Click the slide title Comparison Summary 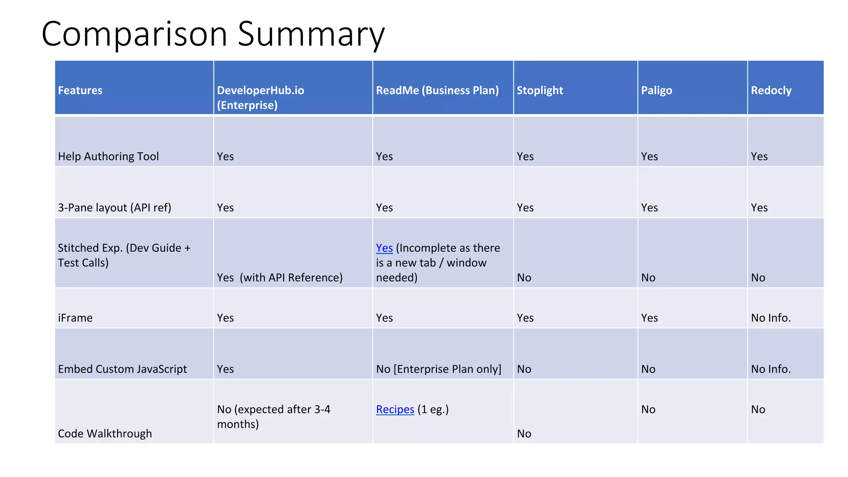click(213, 34)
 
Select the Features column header click(80, 90)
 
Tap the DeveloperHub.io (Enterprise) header click(260, 97)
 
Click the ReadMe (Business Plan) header click(437, 90)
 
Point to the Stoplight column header click(540, 90)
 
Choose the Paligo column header click(656, 90)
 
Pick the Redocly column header click(771, 90)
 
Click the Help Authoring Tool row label click(108, 156)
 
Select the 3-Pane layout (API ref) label click(114, 207)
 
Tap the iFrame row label click(75, 318)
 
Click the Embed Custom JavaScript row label click(122, 369)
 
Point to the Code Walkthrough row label click(105, 434)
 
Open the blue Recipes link click(395, 409)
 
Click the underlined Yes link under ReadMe click(384, 248)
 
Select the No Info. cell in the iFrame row click(771, 318)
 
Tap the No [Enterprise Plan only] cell click(438, 369)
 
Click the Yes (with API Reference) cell click(279, 277)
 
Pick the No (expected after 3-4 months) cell click(273, 417)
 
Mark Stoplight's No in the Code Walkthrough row click(524, 434)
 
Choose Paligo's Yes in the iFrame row click(649, 318)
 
